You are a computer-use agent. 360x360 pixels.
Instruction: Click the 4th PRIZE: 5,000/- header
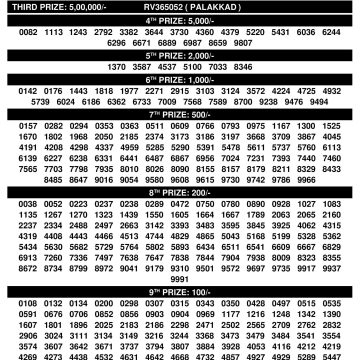(180, 19)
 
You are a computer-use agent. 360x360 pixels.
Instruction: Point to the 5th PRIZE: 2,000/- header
(180, 54)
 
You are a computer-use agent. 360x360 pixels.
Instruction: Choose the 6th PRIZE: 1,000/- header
(180, 77)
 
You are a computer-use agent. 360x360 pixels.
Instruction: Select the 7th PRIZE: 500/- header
(180, 112)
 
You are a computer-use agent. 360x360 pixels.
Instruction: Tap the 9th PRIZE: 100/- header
(180, 290)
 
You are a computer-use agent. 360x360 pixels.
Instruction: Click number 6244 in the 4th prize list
(332, 31)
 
